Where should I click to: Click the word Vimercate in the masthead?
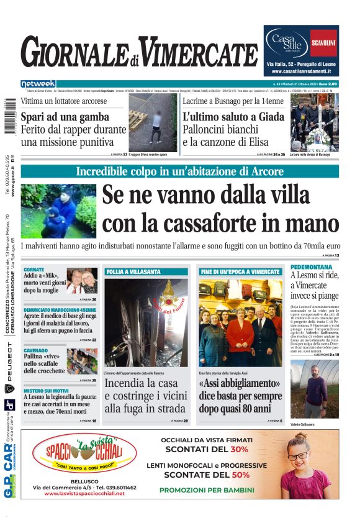[x=197, y=53]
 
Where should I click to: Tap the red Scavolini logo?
[x=323, y=42]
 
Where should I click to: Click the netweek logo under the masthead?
[x=38, y=83]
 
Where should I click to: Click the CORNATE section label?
[x=34, y=270]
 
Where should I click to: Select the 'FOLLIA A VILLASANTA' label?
[x=133, y=272]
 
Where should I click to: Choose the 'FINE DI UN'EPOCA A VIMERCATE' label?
[x=240, y=272]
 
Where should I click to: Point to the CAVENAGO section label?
[x=37, y=350]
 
